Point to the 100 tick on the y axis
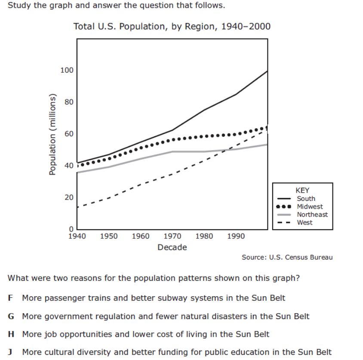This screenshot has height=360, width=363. tap(67, 71)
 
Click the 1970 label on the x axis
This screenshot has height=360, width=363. tap(172, 237)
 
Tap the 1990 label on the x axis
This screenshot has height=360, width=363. tap(236, 237)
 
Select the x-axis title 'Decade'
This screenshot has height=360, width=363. tap(172, 247)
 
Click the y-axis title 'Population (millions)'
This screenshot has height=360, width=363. tap(53, 134)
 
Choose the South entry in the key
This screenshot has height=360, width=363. tap(306, 199)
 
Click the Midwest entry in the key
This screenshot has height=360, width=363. tap(310, 206)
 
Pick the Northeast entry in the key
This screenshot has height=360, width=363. tap(312, 215)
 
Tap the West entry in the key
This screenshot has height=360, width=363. tap(305, 222)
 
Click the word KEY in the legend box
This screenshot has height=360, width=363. tap(302, 191)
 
